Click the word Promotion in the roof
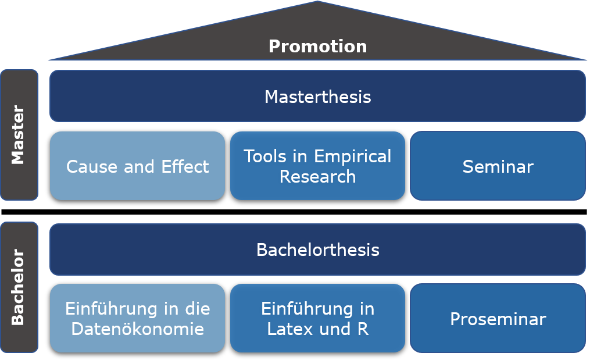click(317, 47)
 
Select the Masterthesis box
click(317, 96)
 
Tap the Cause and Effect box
click(137, 166)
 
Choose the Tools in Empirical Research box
click(317, 166)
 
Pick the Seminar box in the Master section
click(498, 166)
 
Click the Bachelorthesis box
click(317, 249)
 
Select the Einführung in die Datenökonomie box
click(137, 318)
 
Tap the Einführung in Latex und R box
click(317, 318)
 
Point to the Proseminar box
click(498, 318)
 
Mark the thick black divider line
click(294, 212)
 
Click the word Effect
click(185, 166)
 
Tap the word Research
click(317, 177)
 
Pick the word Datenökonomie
click(138, 329)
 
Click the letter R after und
click(363, 329)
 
